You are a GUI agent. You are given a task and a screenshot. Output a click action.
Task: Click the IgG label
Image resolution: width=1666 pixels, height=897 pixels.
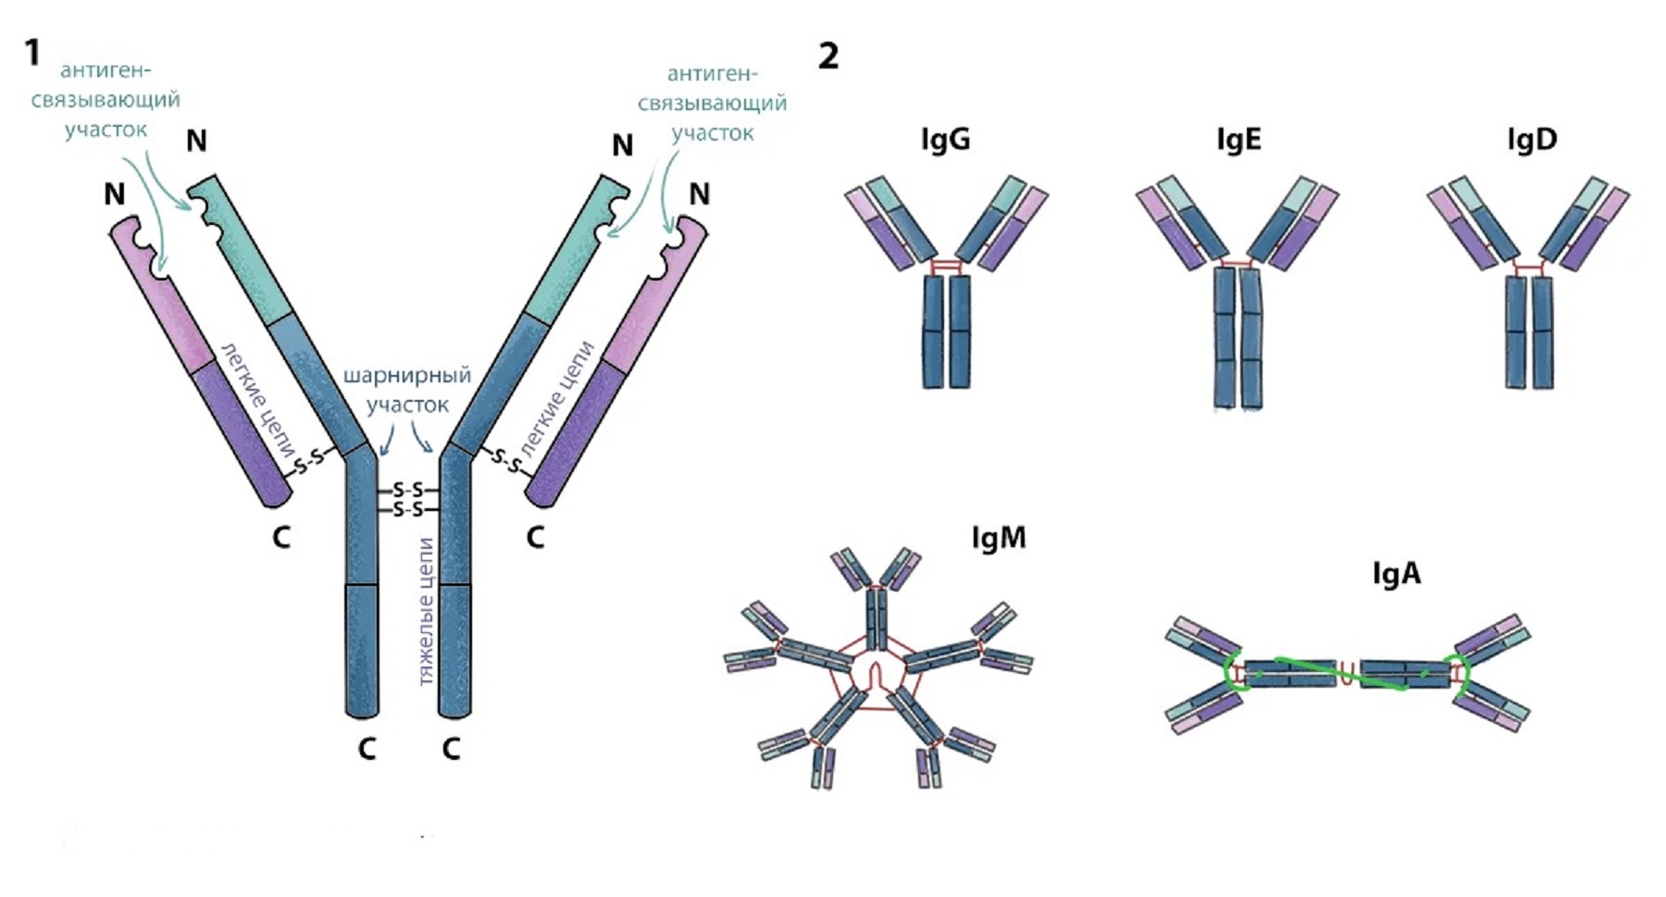pyautogui.click(x=945, y=140)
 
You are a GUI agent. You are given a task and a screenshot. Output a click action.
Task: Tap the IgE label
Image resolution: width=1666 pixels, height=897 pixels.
pyautogui.click(x=1238, y=140)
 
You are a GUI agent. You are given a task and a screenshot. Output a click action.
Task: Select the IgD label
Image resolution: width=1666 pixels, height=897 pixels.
pyautogui.click(x=1532, y=140)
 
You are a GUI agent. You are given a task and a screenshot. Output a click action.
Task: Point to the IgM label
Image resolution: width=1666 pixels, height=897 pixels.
pyautogui.click(x=999, y=538)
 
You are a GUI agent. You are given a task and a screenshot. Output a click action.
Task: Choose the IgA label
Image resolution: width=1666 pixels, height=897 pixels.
pyautogui.click(x=1396, y=574)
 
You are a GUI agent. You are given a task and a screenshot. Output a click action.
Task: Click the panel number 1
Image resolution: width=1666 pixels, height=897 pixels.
pyautogui.click(x=32, y=53)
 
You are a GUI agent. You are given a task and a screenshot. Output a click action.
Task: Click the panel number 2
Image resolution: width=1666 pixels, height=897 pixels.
pyautogui.click(x=828, y=56)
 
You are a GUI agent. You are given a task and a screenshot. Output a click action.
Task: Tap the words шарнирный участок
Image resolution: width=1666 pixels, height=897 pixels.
pyautogui.click(x=407, y=390)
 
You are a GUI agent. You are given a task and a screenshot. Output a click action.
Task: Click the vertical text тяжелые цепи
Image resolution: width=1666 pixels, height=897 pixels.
pyautogui.click(x=426, y=611)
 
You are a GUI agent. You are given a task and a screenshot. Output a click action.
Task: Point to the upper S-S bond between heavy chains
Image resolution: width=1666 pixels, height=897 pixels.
pyautogui.click(x=407, y=490)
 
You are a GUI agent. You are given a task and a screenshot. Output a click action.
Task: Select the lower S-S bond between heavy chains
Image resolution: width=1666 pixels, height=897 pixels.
pyautogui.click(x=407, y=510)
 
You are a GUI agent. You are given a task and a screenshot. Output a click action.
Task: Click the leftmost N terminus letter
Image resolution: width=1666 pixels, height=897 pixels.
pyautogui.click(x=114, y=194)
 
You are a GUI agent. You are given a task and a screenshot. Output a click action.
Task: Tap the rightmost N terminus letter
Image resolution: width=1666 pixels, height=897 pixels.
pyautogui.click(x=700, y=194)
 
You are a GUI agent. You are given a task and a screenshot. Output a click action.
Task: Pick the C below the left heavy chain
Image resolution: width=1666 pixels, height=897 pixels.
pyautogui.click(x=367, y=748)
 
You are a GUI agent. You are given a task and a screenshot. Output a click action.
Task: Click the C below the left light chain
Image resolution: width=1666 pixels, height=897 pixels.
pyautogui.click(x=281, y=537)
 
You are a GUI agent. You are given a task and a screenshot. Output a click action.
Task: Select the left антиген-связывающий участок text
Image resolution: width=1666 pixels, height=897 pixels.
pyautogui.click(x=106, y=100)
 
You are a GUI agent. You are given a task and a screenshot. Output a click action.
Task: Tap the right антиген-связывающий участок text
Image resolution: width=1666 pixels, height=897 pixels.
pyautogui.click(x=713, y=103)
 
